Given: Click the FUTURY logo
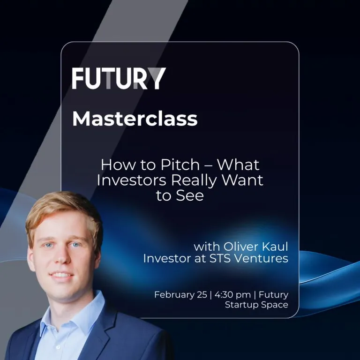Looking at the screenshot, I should point(119,78).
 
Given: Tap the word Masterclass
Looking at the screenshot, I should point(135,119).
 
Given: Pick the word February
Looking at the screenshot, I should point(174,295).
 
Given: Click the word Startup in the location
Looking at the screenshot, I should point(244,305).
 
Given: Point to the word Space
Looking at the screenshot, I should point(276,305).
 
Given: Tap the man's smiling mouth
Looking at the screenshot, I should point(63,275).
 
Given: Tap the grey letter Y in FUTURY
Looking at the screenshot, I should point(156,78).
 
